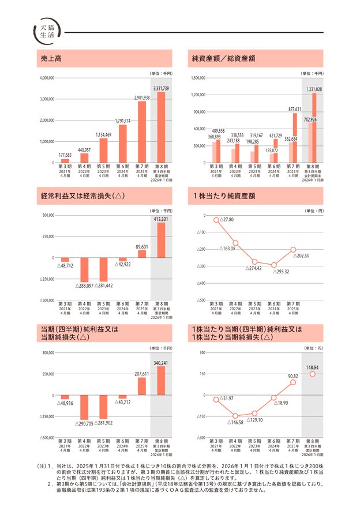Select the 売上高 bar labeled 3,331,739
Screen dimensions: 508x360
161,127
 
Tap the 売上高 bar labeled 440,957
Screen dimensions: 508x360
84,158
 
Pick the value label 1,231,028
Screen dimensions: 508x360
314,89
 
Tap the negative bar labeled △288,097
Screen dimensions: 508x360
84,269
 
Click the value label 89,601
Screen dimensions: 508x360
142,247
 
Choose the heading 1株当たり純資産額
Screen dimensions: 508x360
224,196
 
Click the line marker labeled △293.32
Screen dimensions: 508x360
274,265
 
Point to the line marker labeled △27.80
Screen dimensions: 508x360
216,220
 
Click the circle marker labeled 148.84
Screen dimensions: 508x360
313,374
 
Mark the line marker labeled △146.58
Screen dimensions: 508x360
235,416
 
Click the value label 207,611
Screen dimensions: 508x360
142,374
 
